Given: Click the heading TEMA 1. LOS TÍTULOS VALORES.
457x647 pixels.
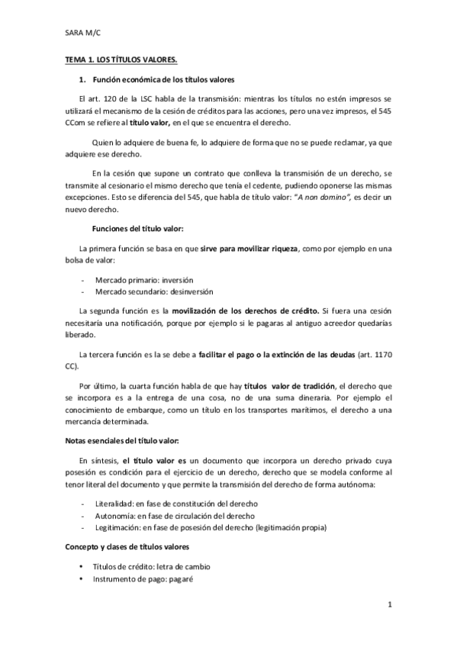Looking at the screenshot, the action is click(x=121, y=60).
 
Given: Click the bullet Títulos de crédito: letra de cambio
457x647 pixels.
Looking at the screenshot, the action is click(x=151, y=568).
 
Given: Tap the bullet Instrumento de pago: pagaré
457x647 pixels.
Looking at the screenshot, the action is click(x=142, y=579).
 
